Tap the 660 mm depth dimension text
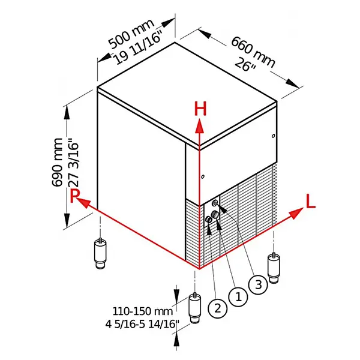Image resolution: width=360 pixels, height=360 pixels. click(253, 50)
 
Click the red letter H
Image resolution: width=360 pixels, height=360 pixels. click(200, 109)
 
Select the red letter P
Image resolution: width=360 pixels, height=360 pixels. click(74, 196)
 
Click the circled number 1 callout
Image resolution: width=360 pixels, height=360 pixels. click(238, 296)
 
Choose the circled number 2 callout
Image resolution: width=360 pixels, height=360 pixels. click(217, 308)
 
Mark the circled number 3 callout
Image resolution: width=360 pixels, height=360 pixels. click(257, 284)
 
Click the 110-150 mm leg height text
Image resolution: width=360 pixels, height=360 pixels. click(142, 311)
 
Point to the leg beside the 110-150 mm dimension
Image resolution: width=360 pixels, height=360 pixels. click(195, 308)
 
